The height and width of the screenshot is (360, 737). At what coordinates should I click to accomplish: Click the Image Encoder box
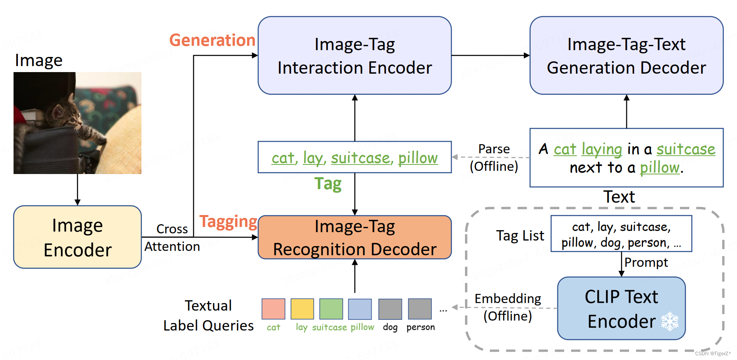pos(77,237)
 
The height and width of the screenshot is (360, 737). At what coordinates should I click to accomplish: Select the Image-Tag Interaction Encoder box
pos(355,56)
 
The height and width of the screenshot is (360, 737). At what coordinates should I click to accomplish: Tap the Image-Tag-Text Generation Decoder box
pos(626,56)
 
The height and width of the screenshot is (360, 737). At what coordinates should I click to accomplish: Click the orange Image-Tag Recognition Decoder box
pos(355,237)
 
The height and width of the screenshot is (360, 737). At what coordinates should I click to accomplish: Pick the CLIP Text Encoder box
pos(621,308)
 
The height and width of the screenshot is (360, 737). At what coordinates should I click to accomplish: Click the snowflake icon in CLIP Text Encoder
pos(670,321)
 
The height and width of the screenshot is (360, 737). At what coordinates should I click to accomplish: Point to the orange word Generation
pos(212,40)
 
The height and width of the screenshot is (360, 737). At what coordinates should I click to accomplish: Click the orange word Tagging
pos(228,221)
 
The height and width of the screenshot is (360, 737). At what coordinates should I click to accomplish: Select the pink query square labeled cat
pos(273,309)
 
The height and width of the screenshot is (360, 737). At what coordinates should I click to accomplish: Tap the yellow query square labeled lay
pos(302,309)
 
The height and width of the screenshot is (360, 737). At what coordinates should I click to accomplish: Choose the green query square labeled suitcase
pos(331,309)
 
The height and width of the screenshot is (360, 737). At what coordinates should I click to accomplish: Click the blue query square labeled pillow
pos(360,309)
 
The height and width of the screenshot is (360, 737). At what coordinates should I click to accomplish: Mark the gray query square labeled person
pos(420,309)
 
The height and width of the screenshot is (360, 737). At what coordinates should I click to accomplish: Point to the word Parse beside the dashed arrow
pos(494,149)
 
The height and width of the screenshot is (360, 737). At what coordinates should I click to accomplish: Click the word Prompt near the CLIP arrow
pos(646,262)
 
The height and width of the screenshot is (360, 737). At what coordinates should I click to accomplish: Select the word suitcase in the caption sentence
pos(686,149)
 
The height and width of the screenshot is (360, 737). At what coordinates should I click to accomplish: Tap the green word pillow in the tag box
pos(418,158)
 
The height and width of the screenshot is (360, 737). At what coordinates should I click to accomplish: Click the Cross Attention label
pos(172,238)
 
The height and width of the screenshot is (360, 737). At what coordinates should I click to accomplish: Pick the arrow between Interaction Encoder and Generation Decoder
pos(490,56)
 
